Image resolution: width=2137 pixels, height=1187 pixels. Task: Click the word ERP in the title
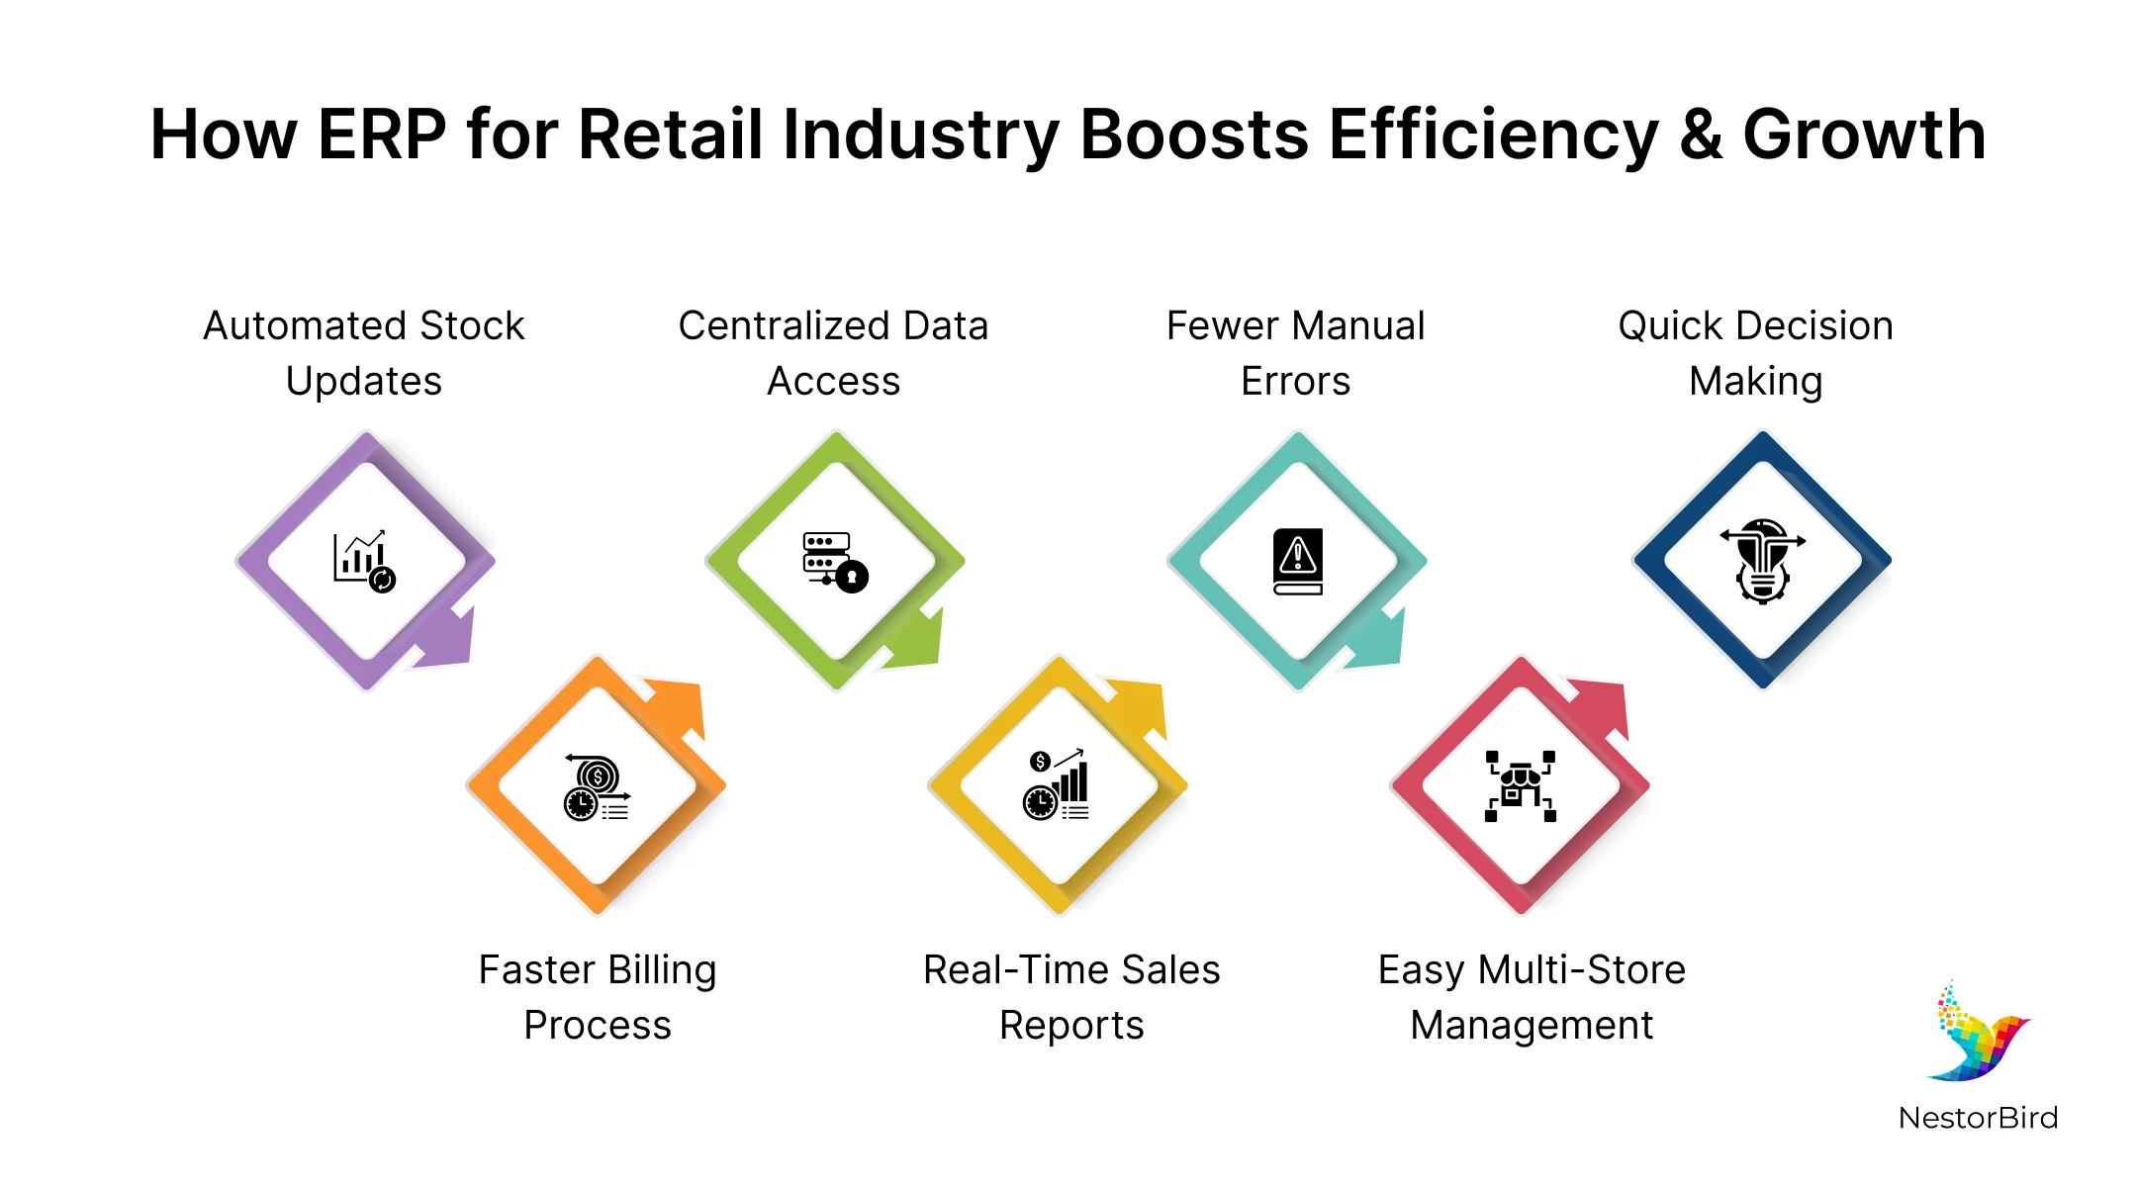click(382, 135)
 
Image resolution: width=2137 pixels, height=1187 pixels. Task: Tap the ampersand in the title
click(1700, 135)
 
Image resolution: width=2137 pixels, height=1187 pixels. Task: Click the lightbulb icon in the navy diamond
click(1762, 561)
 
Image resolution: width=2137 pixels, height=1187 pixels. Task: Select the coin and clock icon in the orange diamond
click(597, 787)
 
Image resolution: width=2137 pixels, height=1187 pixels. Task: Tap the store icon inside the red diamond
click(1521, 786)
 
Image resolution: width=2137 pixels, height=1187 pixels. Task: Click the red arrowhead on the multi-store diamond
click(1600, 705)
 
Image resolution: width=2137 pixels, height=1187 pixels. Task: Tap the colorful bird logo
click(1978, 1033)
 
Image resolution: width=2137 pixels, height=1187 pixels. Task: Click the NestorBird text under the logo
click(1978, 1118)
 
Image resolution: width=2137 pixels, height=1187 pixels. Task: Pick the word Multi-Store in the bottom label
click(1581, 970)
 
